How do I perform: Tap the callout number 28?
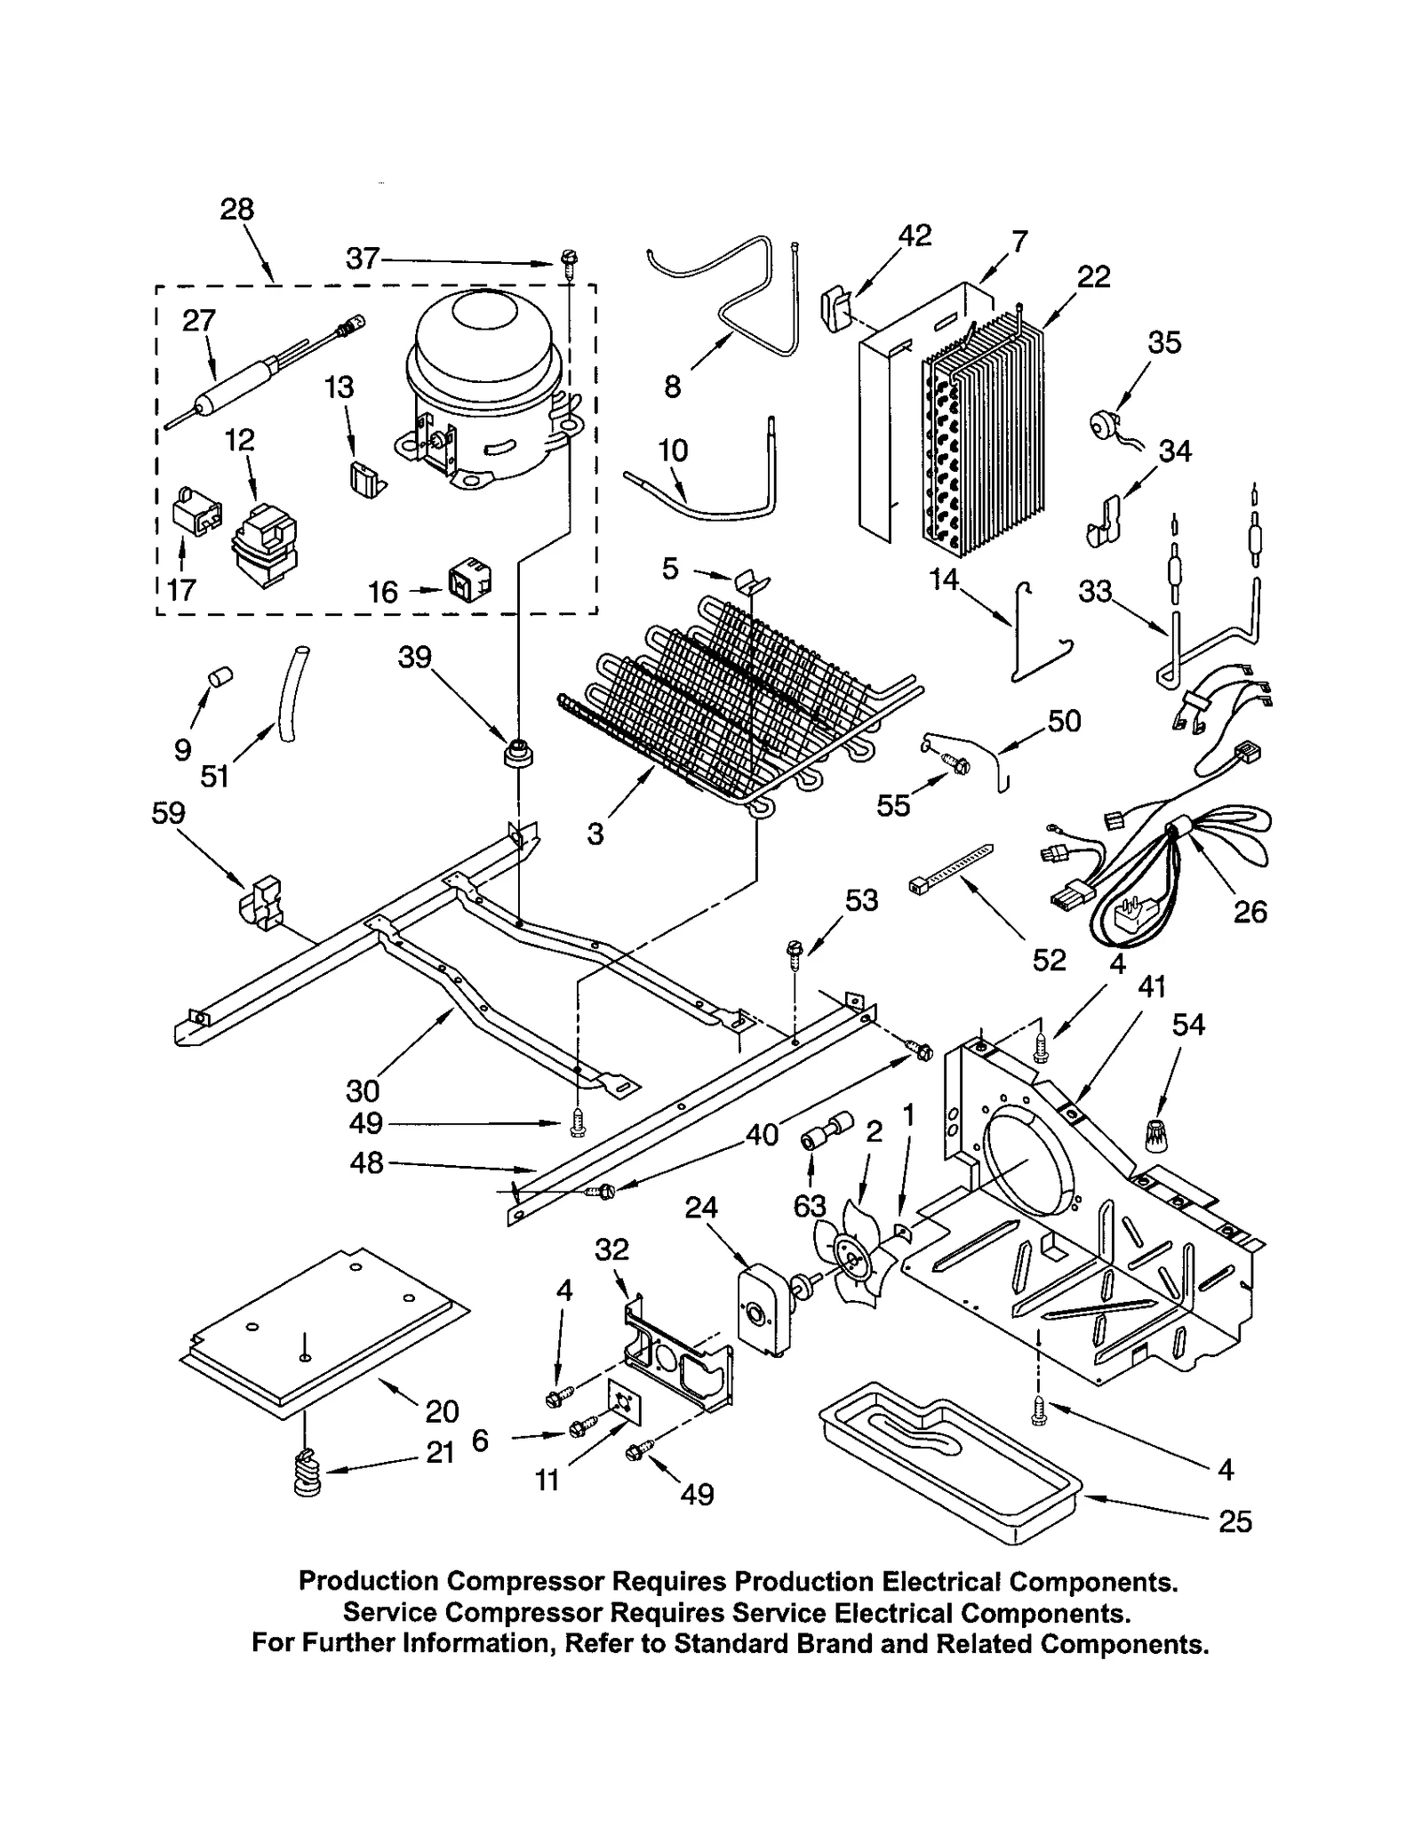[237, 210]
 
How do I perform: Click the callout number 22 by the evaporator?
[1094, 276]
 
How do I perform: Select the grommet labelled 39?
[517, 754]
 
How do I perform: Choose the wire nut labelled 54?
[1156, 1133]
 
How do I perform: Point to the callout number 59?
[169, 812]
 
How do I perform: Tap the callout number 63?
[810, 1206]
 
